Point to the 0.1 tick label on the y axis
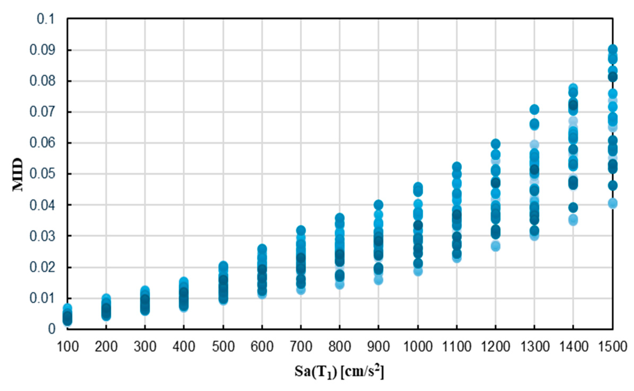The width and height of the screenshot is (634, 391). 46,19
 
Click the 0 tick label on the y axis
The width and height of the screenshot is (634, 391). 51,329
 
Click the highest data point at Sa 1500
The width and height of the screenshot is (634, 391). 613,50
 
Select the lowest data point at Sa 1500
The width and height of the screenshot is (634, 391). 613,203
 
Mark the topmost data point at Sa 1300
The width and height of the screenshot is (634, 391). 534,109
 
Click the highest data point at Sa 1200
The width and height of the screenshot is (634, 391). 495,144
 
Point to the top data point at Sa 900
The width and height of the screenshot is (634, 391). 378,204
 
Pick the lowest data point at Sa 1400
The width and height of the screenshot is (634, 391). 573,220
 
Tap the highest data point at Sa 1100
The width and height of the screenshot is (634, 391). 457,167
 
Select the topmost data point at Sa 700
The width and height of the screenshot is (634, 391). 301,230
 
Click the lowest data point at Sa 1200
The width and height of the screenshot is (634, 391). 495,246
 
